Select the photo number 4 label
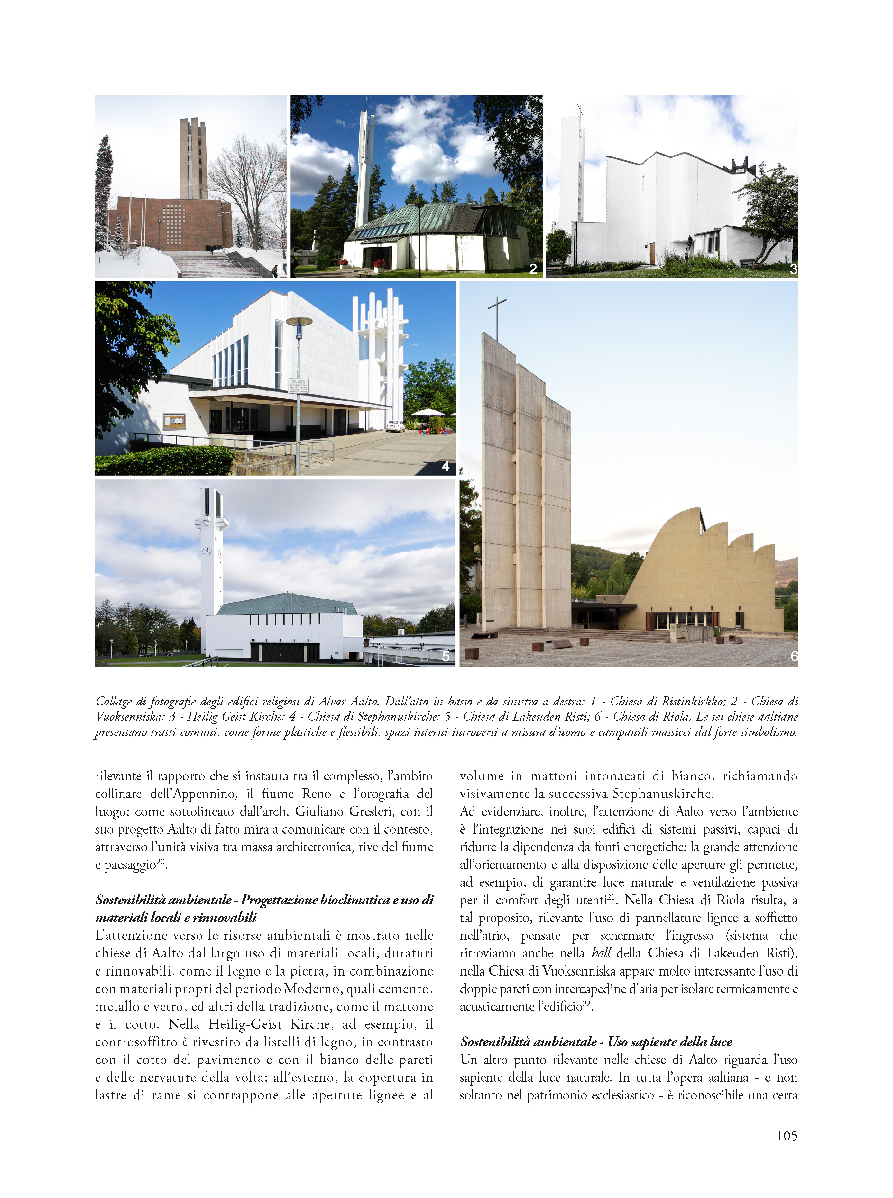(446, 466)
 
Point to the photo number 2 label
(533, 269)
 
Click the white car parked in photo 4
(395, 426)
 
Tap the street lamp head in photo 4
(299, 322)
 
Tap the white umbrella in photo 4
(428, 412)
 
